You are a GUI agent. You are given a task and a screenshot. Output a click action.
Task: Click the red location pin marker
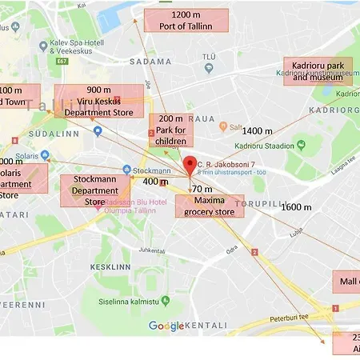click(x=190, y=166)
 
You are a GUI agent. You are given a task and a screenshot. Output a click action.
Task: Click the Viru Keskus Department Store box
click(x=98, y=101)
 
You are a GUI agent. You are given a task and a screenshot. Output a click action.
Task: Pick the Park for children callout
click(x=171, y=130)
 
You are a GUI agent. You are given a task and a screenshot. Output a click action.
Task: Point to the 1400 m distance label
click(x=257, y=130)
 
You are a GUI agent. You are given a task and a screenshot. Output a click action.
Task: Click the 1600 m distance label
click(x=296, y=207)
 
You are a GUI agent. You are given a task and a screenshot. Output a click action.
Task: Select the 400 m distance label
click(x=155, y=182)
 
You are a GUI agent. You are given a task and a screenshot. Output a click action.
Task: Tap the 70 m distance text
click(x=202, y=189)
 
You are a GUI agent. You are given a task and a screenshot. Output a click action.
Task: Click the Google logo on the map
click(x=166, y=326)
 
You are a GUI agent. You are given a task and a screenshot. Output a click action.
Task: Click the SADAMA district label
click(x=154, y=61)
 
